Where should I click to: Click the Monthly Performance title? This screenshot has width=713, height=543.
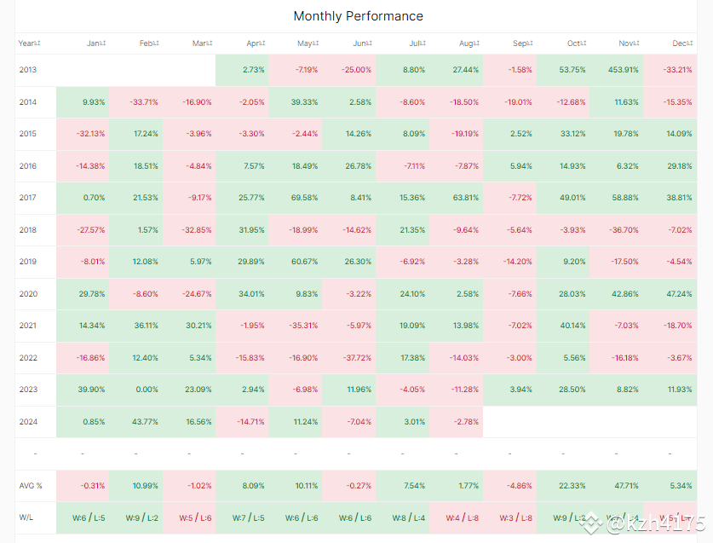358,16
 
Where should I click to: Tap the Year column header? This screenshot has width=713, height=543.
29,43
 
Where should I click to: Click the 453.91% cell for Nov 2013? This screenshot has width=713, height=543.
618,70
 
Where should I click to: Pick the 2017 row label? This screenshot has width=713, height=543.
28,198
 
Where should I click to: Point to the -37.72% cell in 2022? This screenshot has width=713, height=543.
352,358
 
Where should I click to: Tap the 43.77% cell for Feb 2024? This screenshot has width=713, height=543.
143,421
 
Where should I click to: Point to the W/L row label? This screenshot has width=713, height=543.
27,517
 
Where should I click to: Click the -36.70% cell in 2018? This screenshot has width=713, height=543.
620,230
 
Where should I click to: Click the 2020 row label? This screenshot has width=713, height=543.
28,294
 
